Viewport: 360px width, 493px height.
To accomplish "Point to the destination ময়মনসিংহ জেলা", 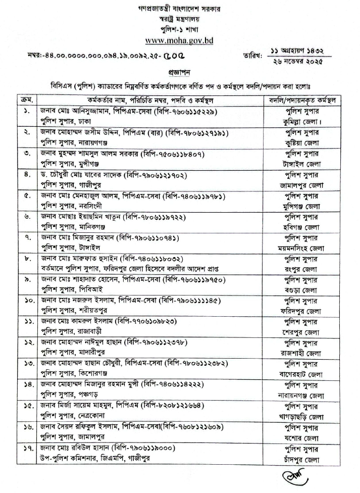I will coord(303,249).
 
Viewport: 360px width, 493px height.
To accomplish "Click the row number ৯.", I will coord(28,279).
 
